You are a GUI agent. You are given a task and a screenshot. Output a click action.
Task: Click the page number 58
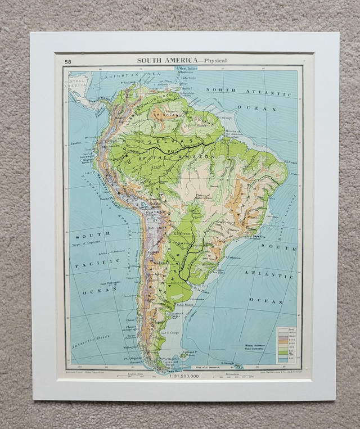67,61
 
